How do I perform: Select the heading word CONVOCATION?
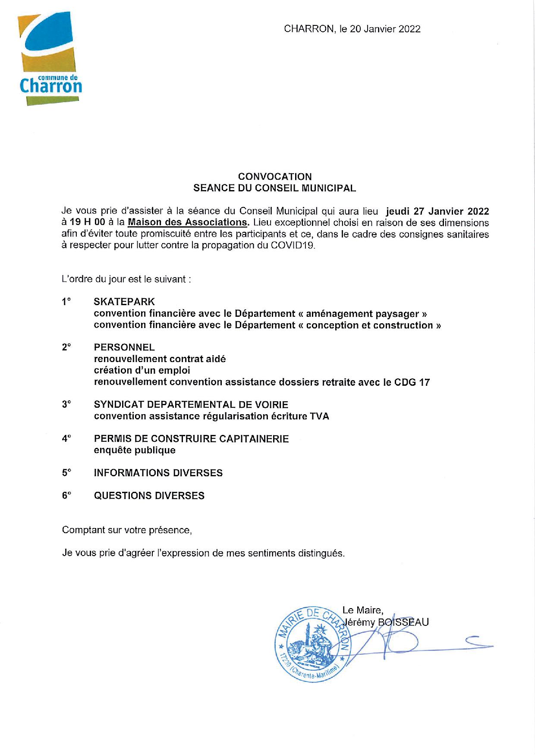click(x=275, y=176)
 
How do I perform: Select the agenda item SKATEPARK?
click(x=124, y=302)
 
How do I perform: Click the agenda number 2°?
click(x=66, y=347)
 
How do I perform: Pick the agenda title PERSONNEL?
click(x=124, y=347)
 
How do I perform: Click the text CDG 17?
click(x=412, y=382)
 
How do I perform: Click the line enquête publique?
click(x=135, y=450)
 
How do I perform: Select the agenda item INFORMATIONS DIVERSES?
click(x=158, y=473)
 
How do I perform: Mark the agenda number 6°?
click(x=66, y=496)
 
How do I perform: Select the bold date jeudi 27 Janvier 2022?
click(x=437, y=211)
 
